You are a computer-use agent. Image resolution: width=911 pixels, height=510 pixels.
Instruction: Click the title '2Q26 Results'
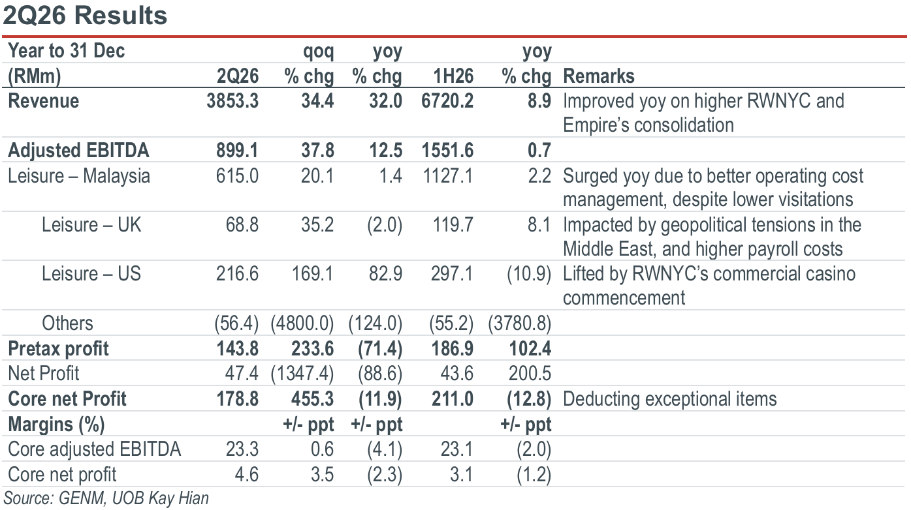click(x=85, y=16)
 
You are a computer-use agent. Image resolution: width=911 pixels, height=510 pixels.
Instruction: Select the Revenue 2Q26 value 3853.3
click(x=232, y=100)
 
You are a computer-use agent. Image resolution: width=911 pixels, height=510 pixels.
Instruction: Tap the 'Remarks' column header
click(x=599, y=76)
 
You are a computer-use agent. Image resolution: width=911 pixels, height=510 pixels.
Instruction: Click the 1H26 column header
click(x=453, y=76)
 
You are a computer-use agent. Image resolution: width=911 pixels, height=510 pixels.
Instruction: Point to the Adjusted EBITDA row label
click(x=78, y=150)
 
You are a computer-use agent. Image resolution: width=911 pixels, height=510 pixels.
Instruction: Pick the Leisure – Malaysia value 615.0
click(x=237, y=176)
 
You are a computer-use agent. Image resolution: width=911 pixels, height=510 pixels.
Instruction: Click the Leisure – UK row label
click(x=91, y=224)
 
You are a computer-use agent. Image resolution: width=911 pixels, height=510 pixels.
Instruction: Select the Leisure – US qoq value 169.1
click(x=313, y=273)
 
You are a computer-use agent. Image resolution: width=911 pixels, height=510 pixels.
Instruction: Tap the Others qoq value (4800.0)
click(x=302, y=323)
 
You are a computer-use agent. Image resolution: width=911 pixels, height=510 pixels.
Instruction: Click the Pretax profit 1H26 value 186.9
click(x=453, y=349)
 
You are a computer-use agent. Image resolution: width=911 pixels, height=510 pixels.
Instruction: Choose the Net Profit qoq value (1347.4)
click(x=302, y=374)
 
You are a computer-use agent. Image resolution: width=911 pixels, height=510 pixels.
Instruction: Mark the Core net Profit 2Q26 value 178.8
click(x=237, y=398)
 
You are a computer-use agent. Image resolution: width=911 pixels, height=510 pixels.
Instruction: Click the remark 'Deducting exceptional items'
click(x=670, y=398)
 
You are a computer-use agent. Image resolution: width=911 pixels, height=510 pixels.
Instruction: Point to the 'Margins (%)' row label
click(x=57, y=425)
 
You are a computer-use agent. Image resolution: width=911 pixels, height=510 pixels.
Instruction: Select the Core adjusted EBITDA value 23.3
click(x=242, y=449)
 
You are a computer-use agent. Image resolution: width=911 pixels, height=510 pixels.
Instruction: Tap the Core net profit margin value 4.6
click(x=246, y=474)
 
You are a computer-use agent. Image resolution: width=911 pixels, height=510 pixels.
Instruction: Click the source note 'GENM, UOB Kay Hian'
click(x=134, y=498)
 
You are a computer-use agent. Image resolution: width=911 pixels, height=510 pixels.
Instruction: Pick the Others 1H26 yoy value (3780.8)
click(x=520, y=323)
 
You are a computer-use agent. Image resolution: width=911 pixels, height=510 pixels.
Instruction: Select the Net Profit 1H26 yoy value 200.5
click(x=530, y=374)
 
